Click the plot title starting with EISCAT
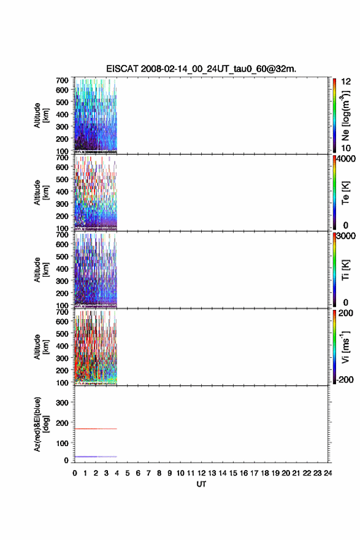point(201,69)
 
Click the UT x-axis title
point(201,484)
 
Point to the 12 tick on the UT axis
point(201,473)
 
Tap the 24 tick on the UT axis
point(328,473)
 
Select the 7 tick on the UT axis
point(148,473)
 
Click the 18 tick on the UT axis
point(265,473)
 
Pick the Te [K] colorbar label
point(345,193)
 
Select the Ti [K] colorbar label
point(345,270)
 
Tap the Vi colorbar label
point(345,347)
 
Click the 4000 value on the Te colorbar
point(346,159)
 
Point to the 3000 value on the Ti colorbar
point(346,236)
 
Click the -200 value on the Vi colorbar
point(345,379)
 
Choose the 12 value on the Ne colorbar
point(346,82)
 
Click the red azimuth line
point(96,429)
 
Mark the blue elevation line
point(96,457)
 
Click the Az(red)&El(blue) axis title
point(41,424)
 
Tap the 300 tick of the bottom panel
point(62,403)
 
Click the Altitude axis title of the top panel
point(41,115)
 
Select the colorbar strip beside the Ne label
point(334,115)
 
